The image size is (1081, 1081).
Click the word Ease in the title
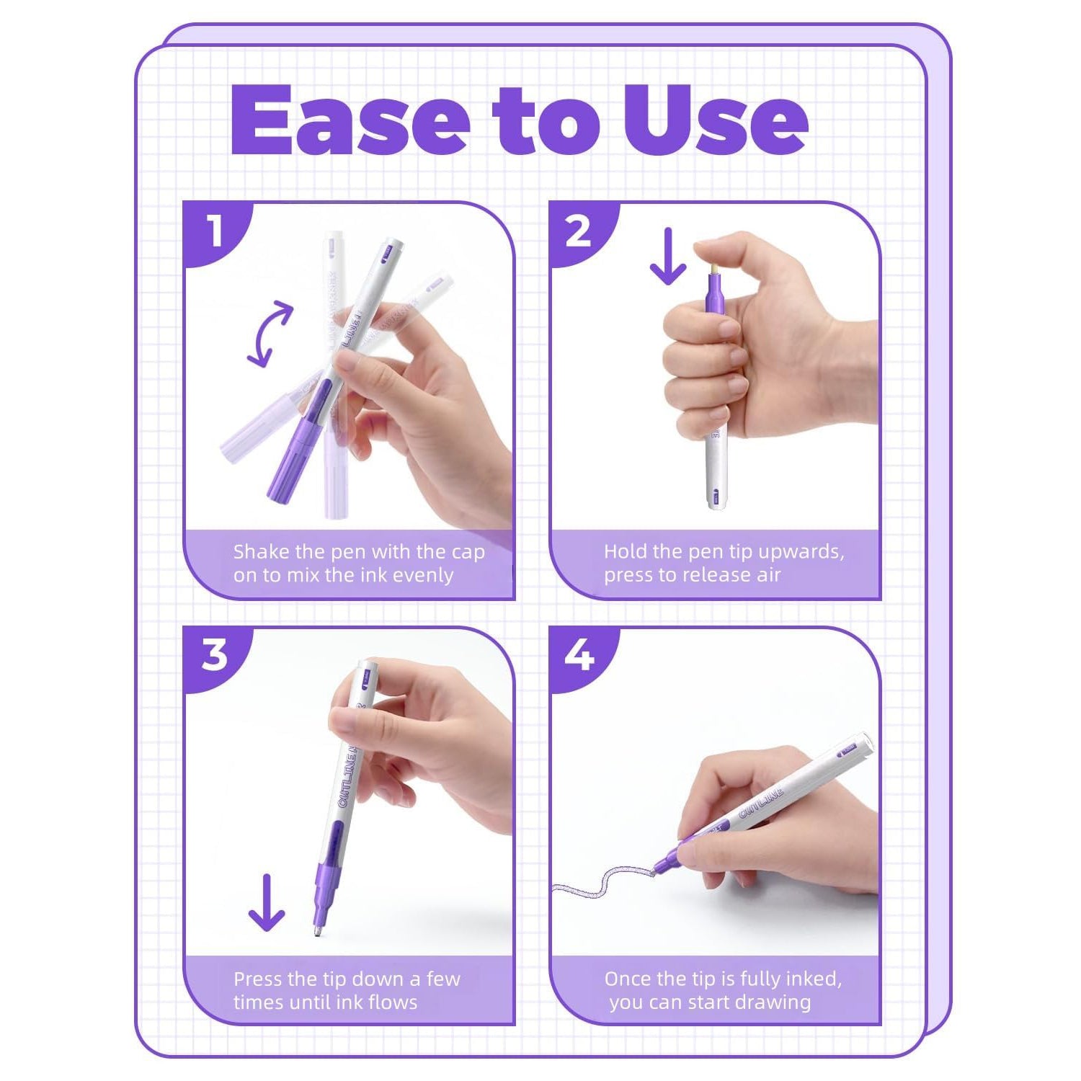point(350,120)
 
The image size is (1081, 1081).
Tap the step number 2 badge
point(579,231)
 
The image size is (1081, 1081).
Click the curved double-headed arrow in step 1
point(269,334)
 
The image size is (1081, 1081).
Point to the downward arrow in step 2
point(668,256)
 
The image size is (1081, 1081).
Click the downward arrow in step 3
point(267,902)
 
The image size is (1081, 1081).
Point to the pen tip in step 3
point(318,932)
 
